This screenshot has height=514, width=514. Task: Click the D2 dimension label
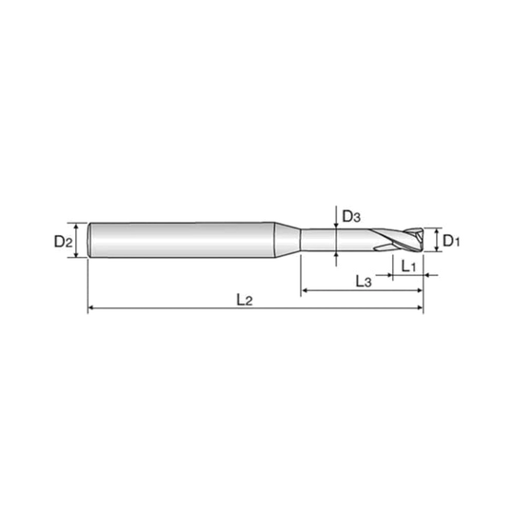click(x=63, y=242)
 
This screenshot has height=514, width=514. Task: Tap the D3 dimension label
click(x=351, y=216)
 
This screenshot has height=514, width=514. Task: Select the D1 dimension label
click(x=451, y=241)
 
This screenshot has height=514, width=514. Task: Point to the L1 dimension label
click(x=408, y=267)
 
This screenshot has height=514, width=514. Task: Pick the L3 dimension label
click(x=364, y=281)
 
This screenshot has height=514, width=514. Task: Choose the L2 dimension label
click(x=245, y=300)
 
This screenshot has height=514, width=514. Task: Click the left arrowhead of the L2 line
click(x=91, y=307)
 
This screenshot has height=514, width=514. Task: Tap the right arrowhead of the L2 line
click(x=420, y=307)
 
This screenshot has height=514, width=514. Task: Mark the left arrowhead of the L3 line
click(x=305, y=290)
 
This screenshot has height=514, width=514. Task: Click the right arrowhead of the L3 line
click(x=420, y=290)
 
